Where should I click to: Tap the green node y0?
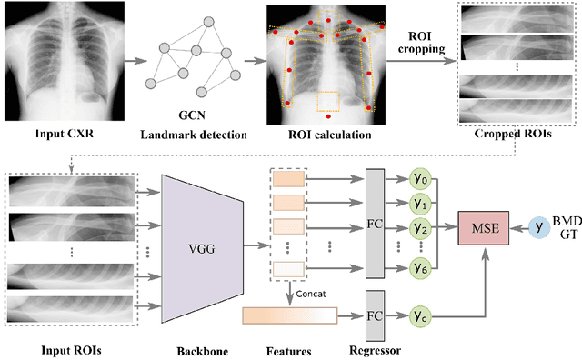[420, 179]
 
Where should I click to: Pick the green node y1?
[420, 202]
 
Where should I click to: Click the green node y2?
[420, 226]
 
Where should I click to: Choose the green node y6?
[420, 269]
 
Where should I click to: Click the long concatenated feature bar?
[290, 316]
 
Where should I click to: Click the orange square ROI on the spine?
[328, 100]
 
